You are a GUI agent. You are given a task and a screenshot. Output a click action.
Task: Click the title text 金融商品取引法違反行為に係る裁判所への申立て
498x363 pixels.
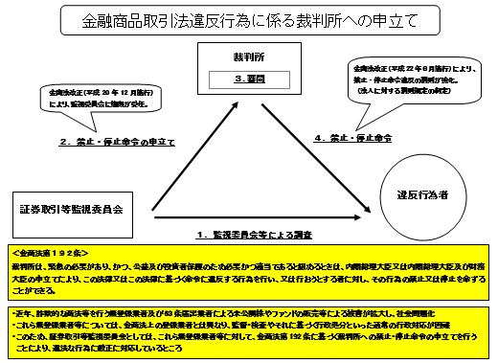(x=248, y=18)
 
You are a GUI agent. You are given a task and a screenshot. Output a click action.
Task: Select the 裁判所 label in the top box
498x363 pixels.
(x=247, y=58)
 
